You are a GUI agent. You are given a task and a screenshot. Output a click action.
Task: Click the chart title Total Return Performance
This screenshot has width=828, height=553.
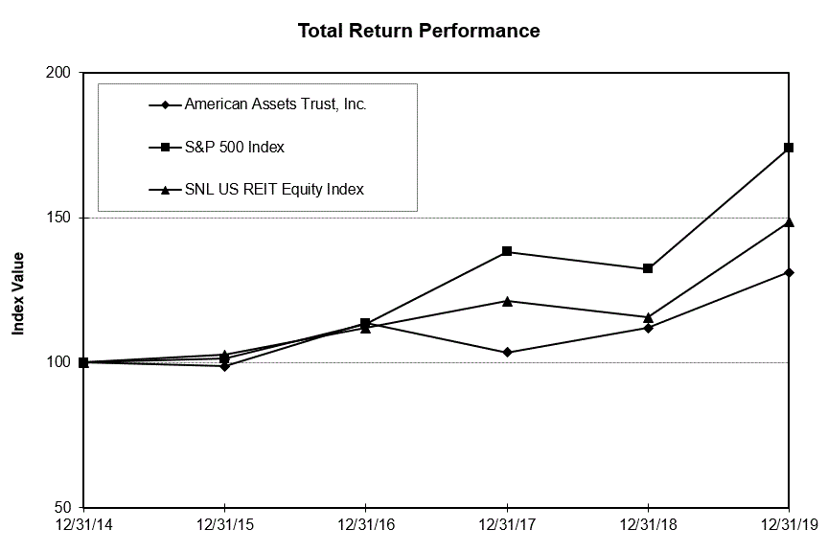[x=419, y=31]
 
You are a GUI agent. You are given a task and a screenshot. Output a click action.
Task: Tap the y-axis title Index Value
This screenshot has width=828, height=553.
[x=18, y=293]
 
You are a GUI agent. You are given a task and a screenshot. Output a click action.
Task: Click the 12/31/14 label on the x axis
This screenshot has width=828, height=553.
[x=83, y=526]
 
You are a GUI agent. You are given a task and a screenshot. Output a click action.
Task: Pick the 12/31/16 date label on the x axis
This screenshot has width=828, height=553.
[x=365, y=526]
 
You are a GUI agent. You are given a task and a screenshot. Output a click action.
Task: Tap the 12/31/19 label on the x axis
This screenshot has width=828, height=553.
[x=789, y=526]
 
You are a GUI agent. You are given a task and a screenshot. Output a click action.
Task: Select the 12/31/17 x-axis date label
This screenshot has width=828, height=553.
[x=507, y=526]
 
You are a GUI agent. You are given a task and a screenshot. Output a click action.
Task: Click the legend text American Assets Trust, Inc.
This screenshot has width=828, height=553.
[x=275, y=104]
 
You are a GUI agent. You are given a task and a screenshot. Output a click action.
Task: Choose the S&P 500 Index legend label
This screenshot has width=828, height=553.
[x=234, y=147]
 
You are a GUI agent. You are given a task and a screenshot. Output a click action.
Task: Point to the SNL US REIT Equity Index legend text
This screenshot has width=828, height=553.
[x=273, y=189]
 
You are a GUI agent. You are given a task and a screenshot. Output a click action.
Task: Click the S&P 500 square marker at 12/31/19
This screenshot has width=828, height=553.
[x=789, y=148]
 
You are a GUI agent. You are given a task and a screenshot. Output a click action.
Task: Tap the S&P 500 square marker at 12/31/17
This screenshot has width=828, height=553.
[x=507, y=251]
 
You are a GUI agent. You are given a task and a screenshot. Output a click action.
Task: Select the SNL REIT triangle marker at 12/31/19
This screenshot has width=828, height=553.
[x=789, y=221]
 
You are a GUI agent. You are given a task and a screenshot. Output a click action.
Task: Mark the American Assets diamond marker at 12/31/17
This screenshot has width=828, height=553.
[x=507, y=353]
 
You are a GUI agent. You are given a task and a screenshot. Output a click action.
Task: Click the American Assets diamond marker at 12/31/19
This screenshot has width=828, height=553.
[x=789, y=272]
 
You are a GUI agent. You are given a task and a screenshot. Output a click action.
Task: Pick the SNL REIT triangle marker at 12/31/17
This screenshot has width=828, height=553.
[x=507, y=300]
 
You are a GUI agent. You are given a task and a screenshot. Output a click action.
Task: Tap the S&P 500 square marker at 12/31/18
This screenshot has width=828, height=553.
[x=648, y=268]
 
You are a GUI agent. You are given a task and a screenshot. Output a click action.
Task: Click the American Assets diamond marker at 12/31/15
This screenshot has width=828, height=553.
[x=224, y=366]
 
